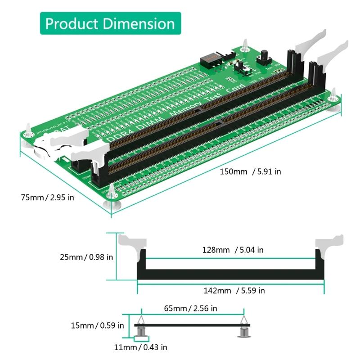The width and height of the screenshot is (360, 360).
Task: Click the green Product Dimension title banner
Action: click(110, 23)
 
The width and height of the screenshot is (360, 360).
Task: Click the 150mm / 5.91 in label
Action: click(251, 171)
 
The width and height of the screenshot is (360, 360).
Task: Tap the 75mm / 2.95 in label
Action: click(47, 198)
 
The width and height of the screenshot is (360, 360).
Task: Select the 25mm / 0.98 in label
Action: click(86, 257)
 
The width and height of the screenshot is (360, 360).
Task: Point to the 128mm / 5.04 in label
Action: click(229, 250)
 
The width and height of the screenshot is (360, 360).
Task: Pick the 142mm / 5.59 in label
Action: click(230, 291)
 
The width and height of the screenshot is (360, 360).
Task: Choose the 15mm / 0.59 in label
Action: click(97, 325)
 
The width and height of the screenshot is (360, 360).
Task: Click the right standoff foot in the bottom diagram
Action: click(244, 332)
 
